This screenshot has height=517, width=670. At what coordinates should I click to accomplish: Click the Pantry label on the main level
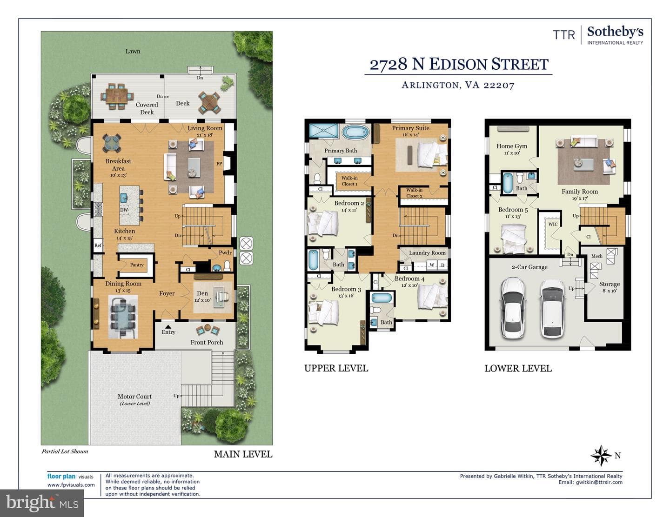pos(137,265)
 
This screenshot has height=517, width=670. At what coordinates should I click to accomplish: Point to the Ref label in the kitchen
pos(98,245)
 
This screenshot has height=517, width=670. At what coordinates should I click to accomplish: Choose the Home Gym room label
pos(512,146)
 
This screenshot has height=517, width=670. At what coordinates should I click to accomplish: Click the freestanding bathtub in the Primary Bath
pos(355,133)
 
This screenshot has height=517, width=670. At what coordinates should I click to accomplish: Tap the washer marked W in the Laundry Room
pos(432,265)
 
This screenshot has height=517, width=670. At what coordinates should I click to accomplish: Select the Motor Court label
pos(135,397)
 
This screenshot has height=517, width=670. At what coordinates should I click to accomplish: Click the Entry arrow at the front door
pos(168,326)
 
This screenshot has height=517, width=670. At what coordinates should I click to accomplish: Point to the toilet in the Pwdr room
pos(227,265)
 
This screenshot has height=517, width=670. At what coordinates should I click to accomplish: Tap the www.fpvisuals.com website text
pos(71,484)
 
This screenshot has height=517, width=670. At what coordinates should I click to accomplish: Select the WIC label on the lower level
pos(553,224)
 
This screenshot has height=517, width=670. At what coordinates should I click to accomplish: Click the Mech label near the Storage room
pos(596,256)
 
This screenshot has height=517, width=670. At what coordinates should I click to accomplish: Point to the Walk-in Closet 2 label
pos(414,193)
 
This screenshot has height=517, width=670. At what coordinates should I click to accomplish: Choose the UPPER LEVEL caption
pos(336,368)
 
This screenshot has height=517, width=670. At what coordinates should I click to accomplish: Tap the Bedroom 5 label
pos(513,210)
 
